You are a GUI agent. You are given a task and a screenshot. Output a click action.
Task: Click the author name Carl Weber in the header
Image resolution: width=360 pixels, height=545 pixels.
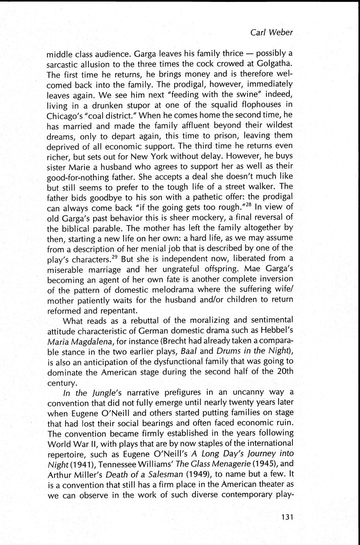point(272,32)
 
